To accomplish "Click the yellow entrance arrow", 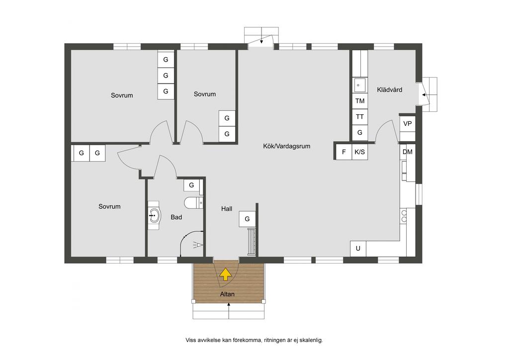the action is coord(225,274).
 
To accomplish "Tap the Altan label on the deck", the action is coord(227,294).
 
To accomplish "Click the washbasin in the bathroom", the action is coord(155,215).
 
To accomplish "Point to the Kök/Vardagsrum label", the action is coord(287,146).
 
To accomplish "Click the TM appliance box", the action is coord(360,101).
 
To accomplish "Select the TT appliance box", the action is coord(360,117).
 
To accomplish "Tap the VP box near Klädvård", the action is coord(408,124).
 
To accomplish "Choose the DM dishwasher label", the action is coord(408,152).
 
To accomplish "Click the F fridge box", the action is coord(344,152).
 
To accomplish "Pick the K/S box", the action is coord(360,152).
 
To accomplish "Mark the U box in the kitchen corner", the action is coord(358,249).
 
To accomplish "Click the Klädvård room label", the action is coord(390,90).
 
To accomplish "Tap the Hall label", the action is coord(227,209).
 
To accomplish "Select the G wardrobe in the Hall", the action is coord(247,219).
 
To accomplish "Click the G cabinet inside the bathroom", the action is coord(191,185).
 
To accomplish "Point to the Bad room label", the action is coord(176,217).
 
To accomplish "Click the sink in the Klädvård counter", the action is coord(359,86).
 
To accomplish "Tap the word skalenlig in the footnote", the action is coord(311,340).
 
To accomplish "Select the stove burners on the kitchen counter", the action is coord(404,216).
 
